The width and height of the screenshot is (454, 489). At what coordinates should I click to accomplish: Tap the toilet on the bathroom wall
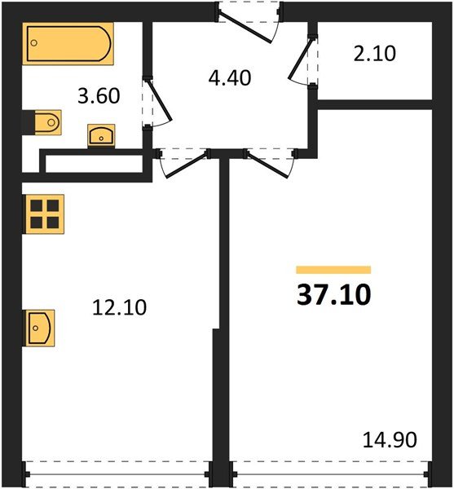tap(46, 123)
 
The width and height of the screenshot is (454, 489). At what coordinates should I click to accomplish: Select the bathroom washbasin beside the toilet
tap(100, 134)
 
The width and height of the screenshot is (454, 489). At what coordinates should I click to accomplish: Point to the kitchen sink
tap(39, 328)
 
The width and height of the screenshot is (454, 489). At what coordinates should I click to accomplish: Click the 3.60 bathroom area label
tap(98, 96)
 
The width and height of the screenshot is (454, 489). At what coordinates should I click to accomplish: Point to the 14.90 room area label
tap(390, 440)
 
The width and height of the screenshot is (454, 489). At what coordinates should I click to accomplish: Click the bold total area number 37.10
tap(333, 294)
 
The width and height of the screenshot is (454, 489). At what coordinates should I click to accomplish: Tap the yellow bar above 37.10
tap(333, 270)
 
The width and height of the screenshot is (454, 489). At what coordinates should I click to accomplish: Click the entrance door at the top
tap(249, 20)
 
